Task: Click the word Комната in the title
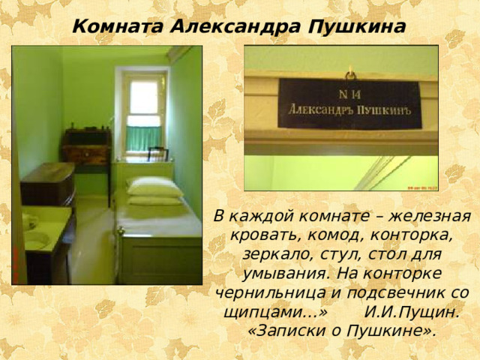click(x=118, y=27)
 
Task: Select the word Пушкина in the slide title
click(x=358, y=27)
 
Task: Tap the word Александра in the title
click(x=238, y=27)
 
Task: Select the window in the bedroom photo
click(x=144, y=112)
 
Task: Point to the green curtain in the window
click(x=143, y=137)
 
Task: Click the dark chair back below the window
click(x=157, y=154)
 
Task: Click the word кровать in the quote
click(x=258, y=235)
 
